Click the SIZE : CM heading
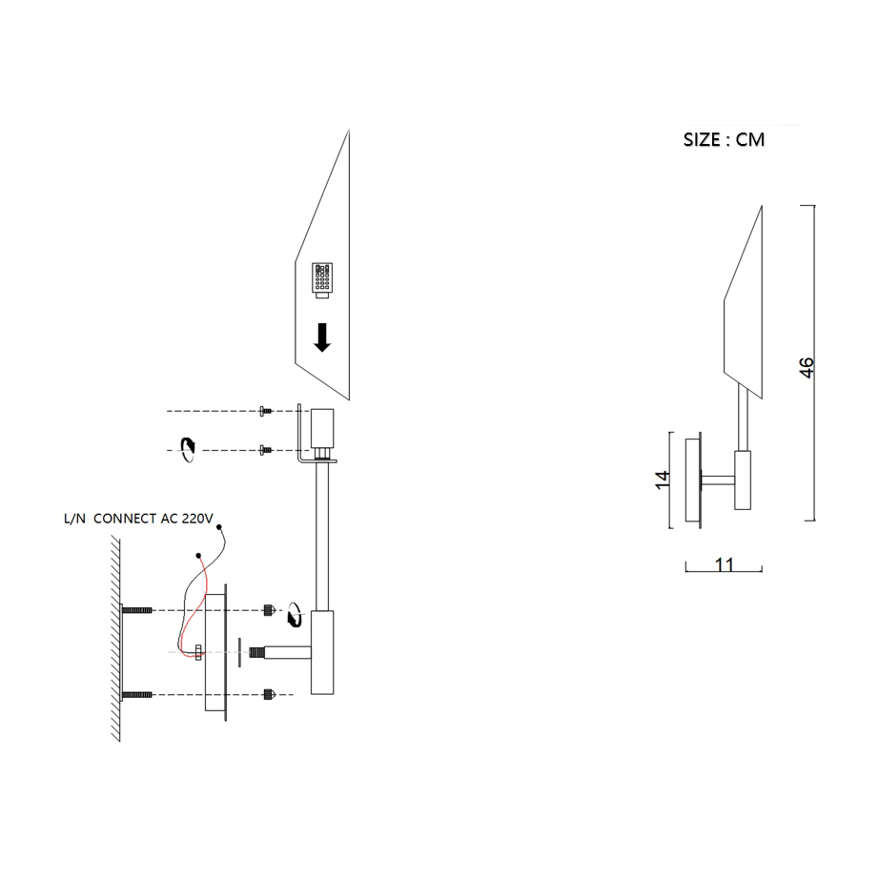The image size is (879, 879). click(x=724, y=139)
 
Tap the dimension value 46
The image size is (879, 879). click(x=806, y=367)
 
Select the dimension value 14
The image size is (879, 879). click(x=663, y=480)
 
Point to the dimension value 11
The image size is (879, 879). click(x=725, y=564)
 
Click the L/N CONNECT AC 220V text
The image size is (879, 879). click(x=138, y=519)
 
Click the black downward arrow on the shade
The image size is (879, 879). click(x=322, y=337)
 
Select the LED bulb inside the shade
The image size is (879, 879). click(x=322, y=279)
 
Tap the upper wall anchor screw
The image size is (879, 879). click(x=136, y=610)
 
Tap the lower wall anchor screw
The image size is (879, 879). click(x=136, y=695)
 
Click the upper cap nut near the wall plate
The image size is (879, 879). click(x=269, y=610)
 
